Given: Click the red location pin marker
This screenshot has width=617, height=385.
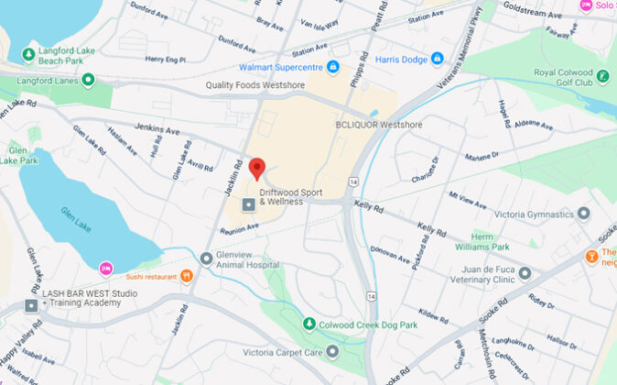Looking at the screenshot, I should [258, 168].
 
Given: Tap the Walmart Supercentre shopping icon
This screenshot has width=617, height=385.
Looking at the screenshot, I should [330, 66].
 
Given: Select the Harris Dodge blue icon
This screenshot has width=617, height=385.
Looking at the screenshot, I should [438, 58].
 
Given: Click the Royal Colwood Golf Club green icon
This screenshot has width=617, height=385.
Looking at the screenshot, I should [603, 76].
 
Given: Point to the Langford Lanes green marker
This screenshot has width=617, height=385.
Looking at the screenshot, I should [88, 80].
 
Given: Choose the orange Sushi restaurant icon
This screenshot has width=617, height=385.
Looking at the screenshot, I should [188, 274].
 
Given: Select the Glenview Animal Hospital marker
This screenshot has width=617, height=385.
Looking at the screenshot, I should [207, 258].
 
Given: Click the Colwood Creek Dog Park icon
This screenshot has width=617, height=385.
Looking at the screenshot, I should [310, 324].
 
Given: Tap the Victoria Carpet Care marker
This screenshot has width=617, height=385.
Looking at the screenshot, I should [332, 350].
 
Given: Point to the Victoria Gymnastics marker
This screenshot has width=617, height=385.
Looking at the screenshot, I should [583, 214].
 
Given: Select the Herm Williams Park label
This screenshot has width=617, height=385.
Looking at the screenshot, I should [501, 241].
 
